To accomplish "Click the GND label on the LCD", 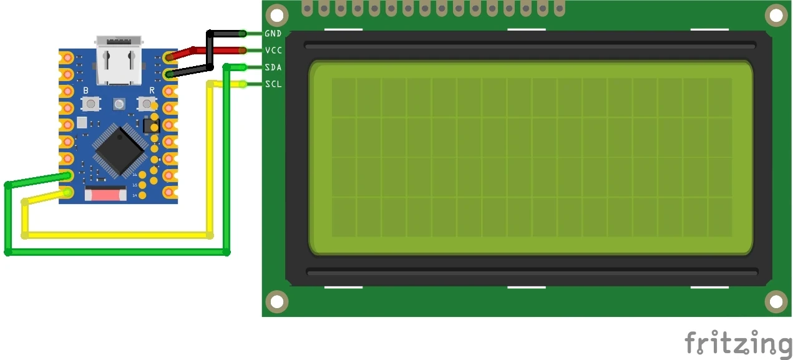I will point(273,33).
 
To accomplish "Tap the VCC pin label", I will point(273,50).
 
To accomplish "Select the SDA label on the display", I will point(273,67).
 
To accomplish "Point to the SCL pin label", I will point(273,84).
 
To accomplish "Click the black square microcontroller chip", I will point(120,148).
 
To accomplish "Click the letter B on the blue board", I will point(85,91).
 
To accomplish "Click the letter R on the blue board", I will point(152,91).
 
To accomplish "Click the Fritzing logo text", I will point(737,344).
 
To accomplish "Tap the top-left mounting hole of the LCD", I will point(278,14).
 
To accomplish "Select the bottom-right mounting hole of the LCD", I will point(776,302).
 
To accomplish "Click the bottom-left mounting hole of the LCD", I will point(278,302).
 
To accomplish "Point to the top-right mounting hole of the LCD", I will point(776,14).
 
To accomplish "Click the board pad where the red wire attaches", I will point(168,58).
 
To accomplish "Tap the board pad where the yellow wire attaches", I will point(67,192).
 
